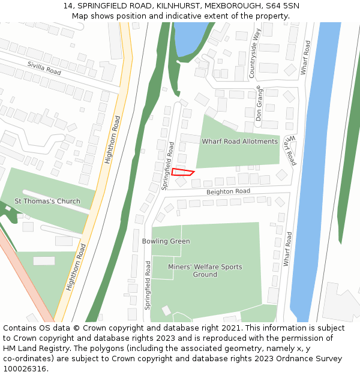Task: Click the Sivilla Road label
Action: pyautogui.click(x=44, y=67)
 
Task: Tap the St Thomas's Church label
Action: pyautogui.click(x=47, y=201)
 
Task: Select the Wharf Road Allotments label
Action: pyautogui.click(x=239, y=142)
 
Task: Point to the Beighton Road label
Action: pyautogui.click(x=228, y=191)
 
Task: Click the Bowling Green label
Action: pyautogui.click(x=166, y=241)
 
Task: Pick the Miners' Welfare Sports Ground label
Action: pyautogui.click(x=205, y=271)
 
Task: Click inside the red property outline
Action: pyautogui.click(x=182, y=172)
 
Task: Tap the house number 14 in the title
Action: pyautogui.click(x=68, y=6)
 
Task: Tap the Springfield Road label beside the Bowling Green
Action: pyautogui.click(x=148, y=285)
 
